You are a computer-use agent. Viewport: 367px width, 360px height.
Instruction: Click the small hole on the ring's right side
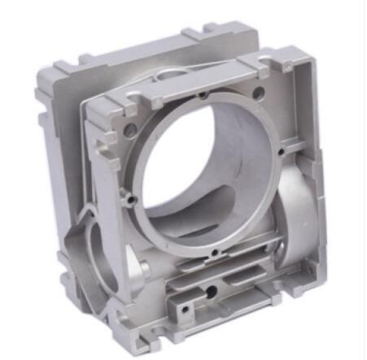pyautogui.click(x=280, y=151)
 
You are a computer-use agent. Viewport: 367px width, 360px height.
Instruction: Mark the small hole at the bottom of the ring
pyautogui.click(x=213, y=254)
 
